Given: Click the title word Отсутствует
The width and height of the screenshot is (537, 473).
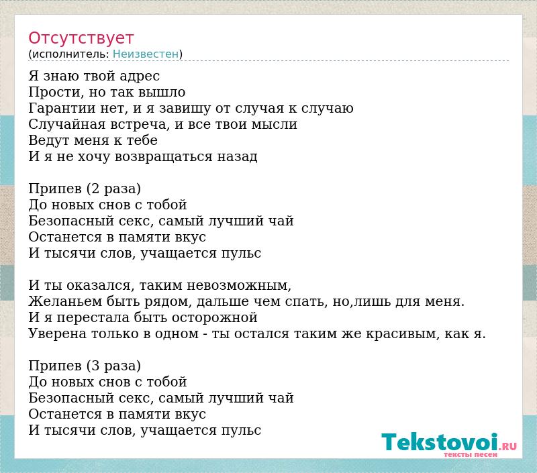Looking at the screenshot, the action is pyautogui.click(x=81, y=38).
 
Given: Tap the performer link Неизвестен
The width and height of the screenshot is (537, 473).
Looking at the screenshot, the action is pyautogui.click(x=146, y=54).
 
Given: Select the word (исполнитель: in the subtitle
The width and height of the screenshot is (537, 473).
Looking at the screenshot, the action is pyautogui.click(x=69, y=54).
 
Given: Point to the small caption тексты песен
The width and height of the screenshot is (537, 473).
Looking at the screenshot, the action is pyautogui.click(x=471, y=454).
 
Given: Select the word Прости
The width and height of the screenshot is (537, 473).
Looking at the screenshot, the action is pyautogui.click(x=56, y=92).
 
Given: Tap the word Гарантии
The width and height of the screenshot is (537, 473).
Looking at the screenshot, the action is pyautogui.click(x=62, y=108).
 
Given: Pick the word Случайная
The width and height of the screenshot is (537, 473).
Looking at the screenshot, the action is pyautogui.click(x=66, y=124).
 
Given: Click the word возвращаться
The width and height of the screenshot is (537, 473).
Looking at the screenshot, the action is pyautogui.click(x=163, y=157).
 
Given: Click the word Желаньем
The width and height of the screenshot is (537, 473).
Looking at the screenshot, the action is pyautogui.click(x=65, y=301).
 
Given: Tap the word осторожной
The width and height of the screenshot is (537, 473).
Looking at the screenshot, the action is pyautogui.click(x=214, y=318).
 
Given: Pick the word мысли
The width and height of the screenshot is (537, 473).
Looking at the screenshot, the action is pyautogui.click(x=275, y=124).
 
